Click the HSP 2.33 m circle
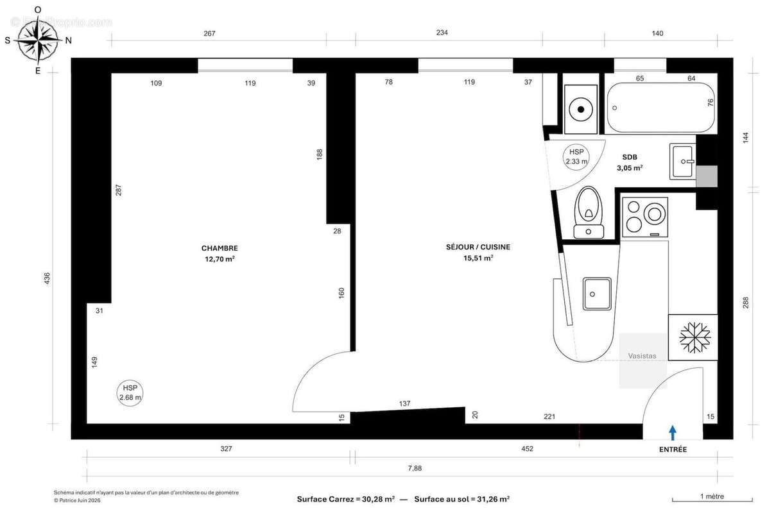point(576,157)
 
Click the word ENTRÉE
point(673,450)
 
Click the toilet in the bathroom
point(587,212)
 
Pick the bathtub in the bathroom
point(660,107)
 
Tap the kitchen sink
point(597,294)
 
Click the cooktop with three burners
point(644,216)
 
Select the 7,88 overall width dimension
point(415,468)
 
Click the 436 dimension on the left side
point(47,280)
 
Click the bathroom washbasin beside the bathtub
point(682,162)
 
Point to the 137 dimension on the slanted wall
point(404,403)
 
